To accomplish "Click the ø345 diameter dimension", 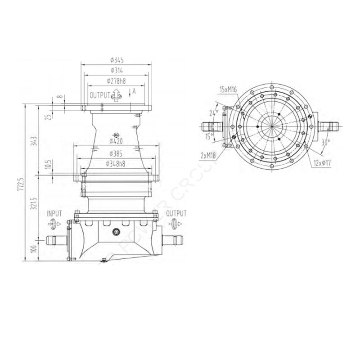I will (x=117, y=60).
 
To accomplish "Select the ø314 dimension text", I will (x=117, y=71).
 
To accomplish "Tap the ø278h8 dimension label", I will (x=117, y=81).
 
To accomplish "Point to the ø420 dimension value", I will (x=117, y=141).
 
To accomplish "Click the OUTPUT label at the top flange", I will (x=99, y=95).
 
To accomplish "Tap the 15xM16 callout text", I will (x=228, y=90).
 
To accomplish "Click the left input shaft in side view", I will (x=55, y=241).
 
